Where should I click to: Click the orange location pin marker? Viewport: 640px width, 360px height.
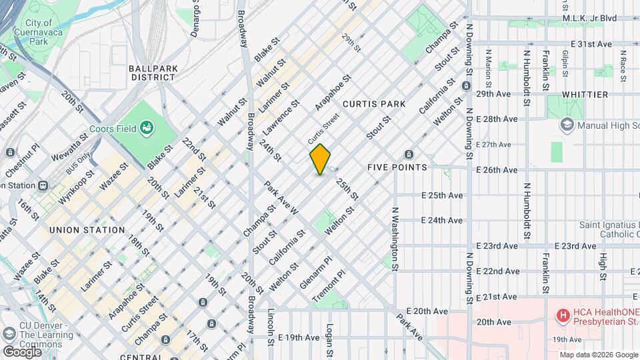tap(320, 159)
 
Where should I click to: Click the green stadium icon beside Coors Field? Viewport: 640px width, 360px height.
tap(147, 128)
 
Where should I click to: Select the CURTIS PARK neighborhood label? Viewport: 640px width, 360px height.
tap(374, 104)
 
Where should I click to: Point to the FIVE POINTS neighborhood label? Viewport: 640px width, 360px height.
tap(397, 167)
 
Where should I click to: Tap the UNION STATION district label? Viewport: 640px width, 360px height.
tap(87, 230)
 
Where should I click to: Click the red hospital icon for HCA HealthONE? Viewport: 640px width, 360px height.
tap(563, 315)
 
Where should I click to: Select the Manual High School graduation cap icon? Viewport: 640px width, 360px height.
tap(567, 124)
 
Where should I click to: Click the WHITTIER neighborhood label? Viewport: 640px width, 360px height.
tap(585, 95)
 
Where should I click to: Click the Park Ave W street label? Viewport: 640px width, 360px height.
tap(281, 198)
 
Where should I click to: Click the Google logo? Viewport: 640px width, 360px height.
tap(22, 351)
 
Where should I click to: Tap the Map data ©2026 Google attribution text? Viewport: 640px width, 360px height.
tap(597, 355)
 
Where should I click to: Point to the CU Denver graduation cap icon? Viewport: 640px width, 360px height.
tap(9, 333)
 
